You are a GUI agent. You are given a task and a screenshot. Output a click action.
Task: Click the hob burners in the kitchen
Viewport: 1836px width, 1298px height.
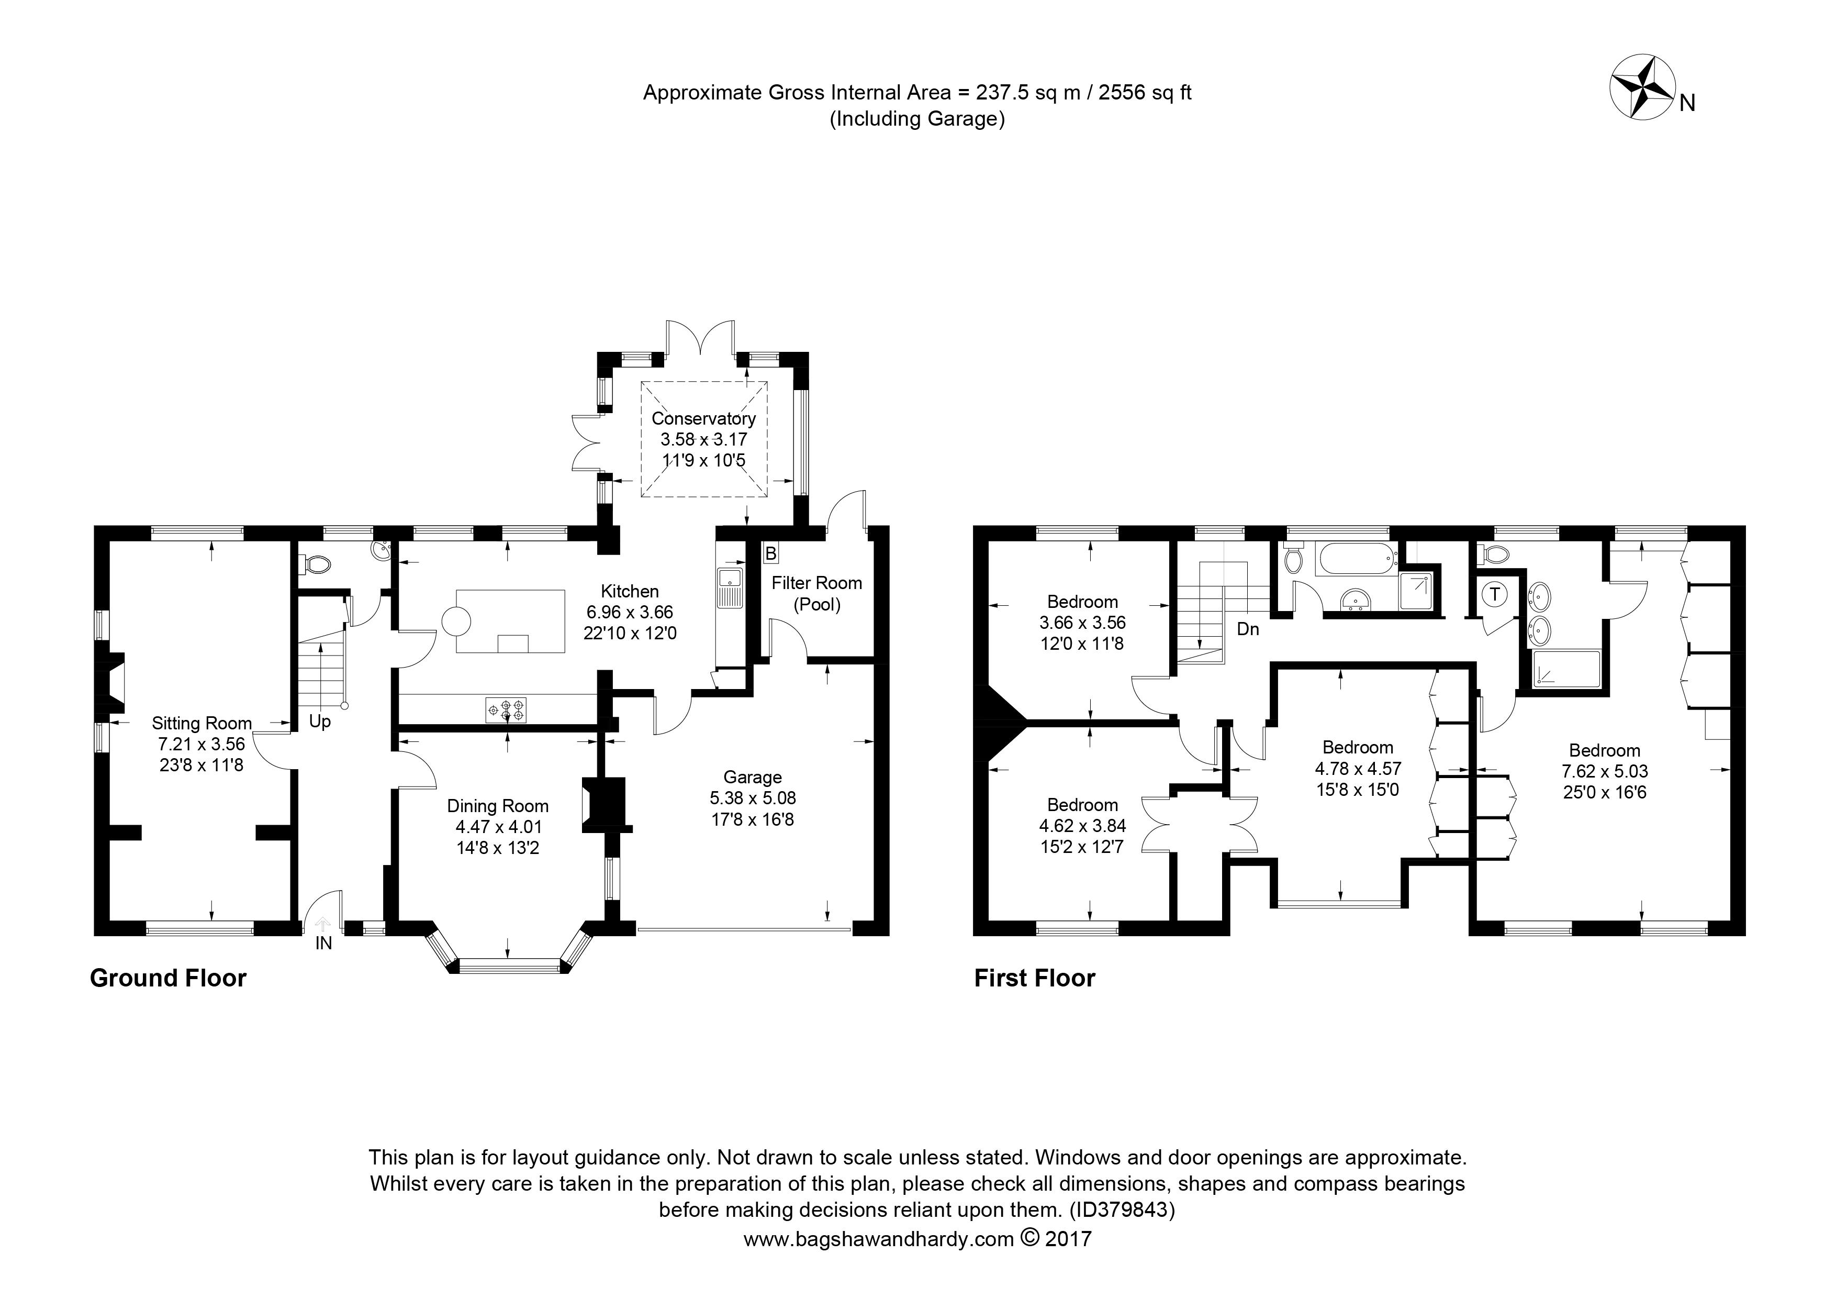tap(506, 710)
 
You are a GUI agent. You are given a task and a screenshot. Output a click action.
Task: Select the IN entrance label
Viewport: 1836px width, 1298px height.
tap(323, 944)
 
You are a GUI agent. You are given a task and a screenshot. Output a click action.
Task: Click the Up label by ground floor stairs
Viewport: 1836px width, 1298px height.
tap(320, 722)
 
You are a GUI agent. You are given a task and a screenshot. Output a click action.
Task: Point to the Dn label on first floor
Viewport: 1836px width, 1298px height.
tap(1247, 629)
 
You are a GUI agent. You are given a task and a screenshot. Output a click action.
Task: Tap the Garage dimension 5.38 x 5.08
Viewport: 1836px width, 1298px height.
tap(753, 798)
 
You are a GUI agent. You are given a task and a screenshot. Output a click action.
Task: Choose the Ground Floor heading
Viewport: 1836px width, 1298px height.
tap(168, 978)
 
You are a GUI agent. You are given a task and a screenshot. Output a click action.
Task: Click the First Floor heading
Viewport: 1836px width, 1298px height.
tap(1035, 978)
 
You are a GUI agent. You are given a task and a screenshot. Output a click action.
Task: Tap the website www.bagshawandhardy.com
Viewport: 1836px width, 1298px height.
tap(879, 1239)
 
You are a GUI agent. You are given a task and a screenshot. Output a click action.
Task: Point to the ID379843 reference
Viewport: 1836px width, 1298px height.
tap(1122, 1210)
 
